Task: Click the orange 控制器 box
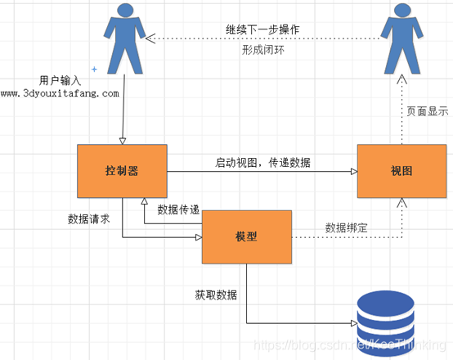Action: point(122,171)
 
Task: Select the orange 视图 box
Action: point(401,171)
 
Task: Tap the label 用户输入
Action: point(60,80)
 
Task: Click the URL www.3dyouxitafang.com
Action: point(60,93)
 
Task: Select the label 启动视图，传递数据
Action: point(262,162)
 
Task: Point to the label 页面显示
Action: point(427,111)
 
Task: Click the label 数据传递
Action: point(178,209)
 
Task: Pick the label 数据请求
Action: point(90,219)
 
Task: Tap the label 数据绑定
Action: point(347,227)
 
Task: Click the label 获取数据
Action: point(216,294)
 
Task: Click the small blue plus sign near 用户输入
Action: point(94,70)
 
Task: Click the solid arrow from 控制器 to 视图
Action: point(262,172)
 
